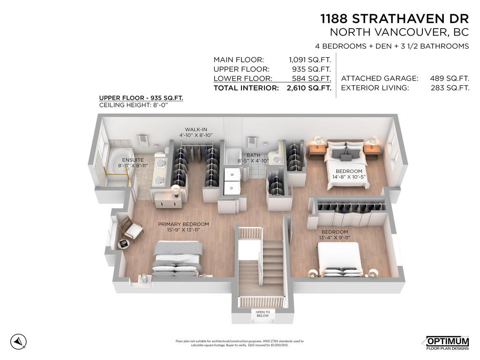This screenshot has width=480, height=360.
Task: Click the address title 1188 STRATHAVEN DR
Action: (x=394, y=19)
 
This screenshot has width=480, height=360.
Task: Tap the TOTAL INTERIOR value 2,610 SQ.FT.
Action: (x=309, y=88)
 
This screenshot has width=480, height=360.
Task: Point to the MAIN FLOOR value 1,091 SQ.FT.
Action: (x=310, y=60)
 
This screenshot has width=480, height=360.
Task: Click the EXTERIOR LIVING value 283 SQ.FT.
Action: (x=450, y=88)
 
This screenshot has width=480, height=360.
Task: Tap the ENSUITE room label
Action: (x=120, y=160)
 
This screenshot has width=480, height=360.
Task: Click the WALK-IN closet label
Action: (x=196, y=129)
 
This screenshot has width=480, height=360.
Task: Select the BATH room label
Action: (x=253, y=155)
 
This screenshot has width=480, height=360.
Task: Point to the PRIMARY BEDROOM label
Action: (x=183, y=224)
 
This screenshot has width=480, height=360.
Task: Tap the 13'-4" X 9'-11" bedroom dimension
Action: (x=335, y=238)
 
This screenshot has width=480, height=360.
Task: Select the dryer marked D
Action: (x=231, y=188)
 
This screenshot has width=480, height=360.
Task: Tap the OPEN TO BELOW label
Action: (x=262, y=314)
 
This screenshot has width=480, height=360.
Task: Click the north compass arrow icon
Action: (x=18, y=341)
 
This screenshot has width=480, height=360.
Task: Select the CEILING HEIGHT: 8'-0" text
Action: (x=134, y=105)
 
